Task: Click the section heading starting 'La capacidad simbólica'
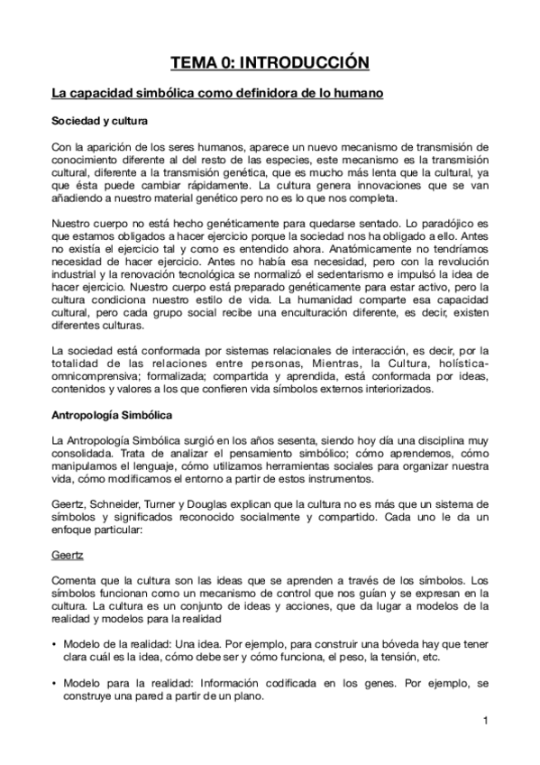[x=218, y=93]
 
